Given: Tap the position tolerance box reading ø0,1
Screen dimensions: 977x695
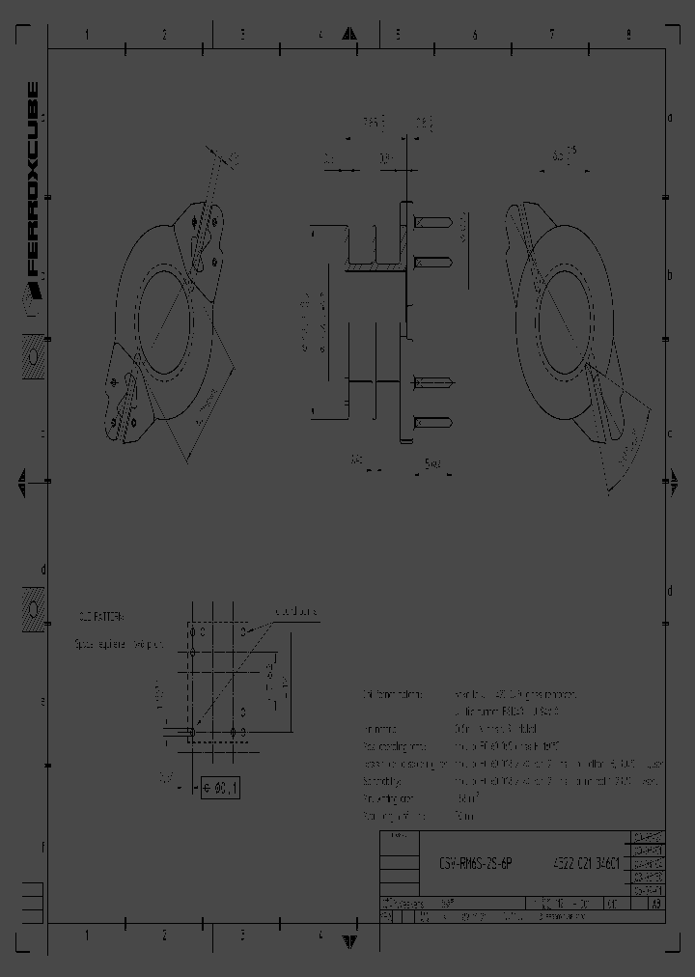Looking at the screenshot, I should click(220, 789).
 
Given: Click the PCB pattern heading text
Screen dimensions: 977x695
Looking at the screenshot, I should click(101, 615).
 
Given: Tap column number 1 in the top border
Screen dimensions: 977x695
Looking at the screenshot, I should click(87, 34).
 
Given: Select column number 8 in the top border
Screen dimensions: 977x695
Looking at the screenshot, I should click(628, 34).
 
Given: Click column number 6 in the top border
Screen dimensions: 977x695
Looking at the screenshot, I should click(474, 34).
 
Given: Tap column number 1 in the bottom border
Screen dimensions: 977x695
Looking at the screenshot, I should click(87, 935).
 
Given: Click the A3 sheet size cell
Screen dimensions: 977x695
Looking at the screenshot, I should click(656, 905).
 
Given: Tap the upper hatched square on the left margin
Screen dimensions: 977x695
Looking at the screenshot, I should click(32, 356).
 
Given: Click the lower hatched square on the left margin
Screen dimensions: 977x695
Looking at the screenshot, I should click(32, 609).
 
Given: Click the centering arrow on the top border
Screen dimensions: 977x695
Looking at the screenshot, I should click(347, 35).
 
